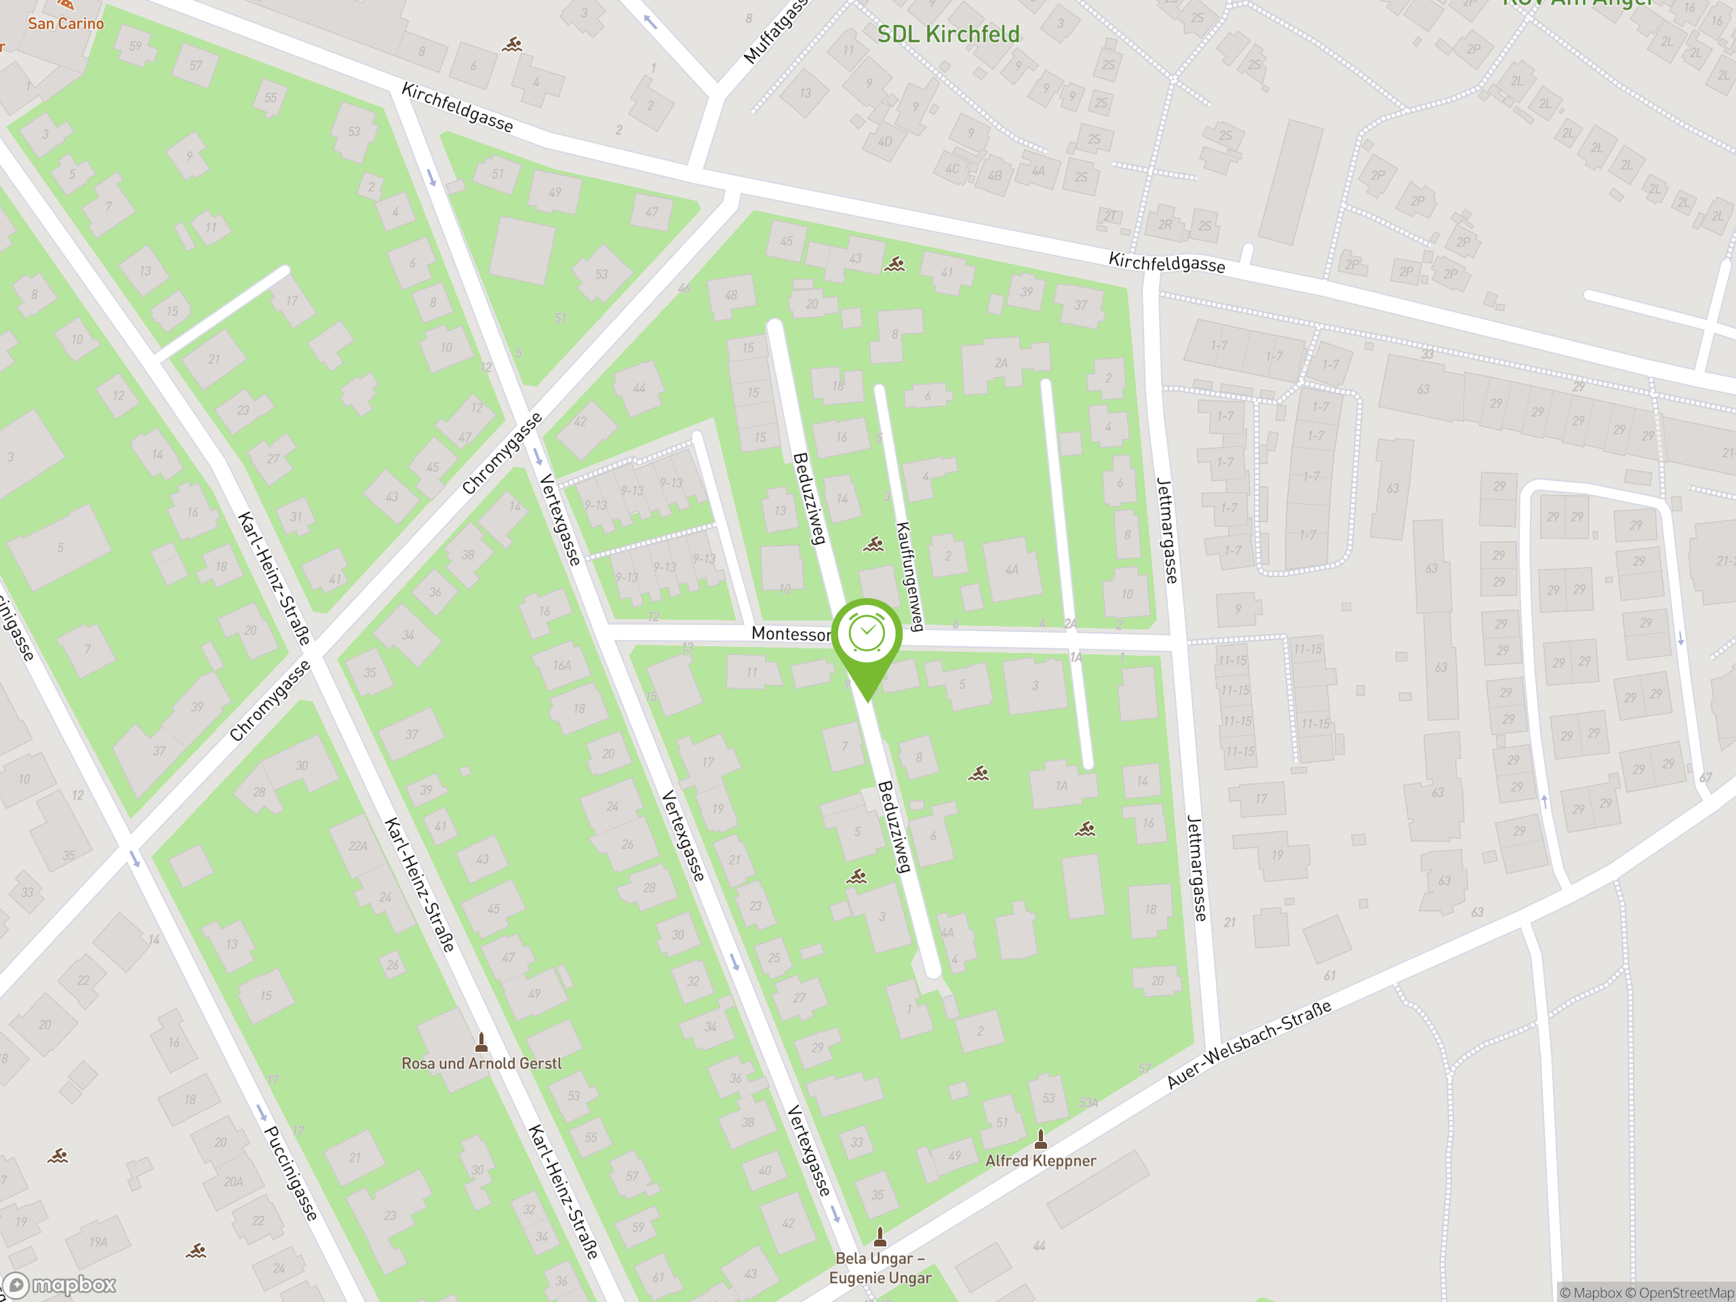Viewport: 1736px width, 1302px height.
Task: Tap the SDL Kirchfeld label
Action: (948, 34)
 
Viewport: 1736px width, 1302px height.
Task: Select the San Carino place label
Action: (65, 24)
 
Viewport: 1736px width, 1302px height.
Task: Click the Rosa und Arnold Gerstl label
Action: (481, 1063)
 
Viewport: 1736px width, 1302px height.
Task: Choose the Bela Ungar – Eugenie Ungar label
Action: (880, 1268)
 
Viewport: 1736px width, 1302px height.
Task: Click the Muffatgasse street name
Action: (774, 31)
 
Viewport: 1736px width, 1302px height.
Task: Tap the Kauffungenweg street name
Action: (909, 577)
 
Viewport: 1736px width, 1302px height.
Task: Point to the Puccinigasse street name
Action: (290, 1173)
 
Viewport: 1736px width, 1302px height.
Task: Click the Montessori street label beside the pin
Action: (790, 634)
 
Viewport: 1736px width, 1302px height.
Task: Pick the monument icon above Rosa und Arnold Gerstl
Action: (481, 1043)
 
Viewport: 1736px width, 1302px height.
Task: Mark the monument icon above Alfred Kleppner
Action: (1041, 1139)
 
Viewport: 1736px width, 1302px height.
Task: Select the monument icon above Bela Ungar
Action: (880, 1237)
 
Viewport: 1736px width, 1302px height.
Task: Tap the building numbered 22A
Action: (358, 846)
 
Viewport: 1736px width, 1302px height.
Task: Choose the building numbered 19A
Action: (98, 1242)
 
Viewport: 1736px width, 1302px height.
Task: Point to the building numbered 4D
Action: (885, 142)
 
